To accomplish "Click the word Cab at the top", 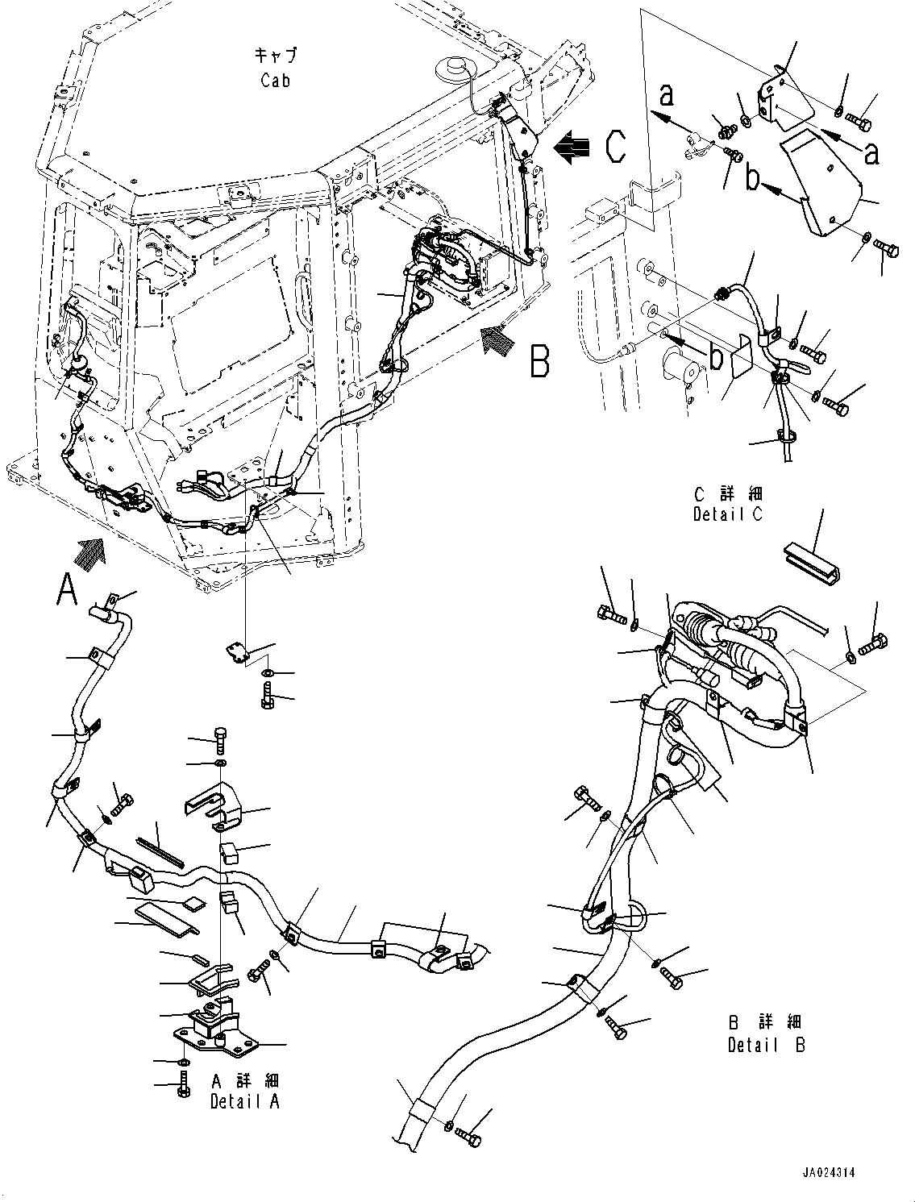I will coord(275,80).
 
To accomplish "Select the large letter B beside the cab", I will coord(539,361).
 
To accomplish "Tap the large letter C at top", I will coord(614,148).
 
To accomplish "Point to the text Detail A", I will coord(244,1101).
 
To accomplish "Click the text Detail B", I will coord(766,1046).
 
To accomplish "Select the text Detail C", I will coord(728,514).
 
